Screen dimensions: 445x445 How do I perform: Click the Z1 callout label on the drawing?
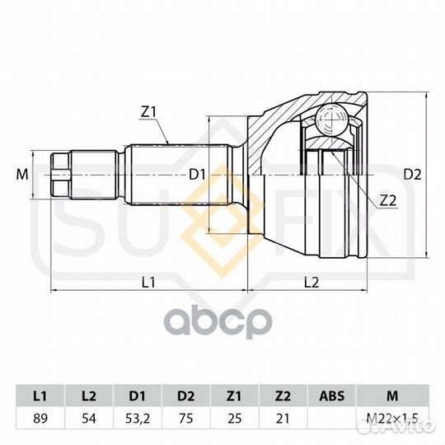(x=148, y=113)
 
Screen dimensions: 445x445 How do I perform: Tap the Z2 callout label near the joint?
(x=387, y=201)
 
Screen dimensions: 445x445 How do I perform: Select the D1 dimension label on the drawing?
(x=197, y=175)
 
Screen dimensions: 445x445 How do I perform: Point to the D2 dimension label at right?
(x=412, y=175)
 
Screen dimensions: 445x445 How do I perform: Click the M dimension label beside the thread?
(x=22, y=174)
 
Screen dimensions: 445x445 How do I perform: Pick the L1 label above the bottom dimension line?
(x=148, y=282)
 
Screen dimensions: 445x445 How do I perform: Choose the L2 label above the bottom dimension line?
(x=311, y=282)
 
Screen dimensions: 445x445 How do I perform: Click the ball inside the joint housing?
(x=331, y=119)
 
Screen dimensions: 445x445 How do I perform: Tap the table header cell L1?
(x=40, y=396)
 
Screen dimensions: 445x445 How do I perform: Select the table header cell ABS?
(x=332, y=396)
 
